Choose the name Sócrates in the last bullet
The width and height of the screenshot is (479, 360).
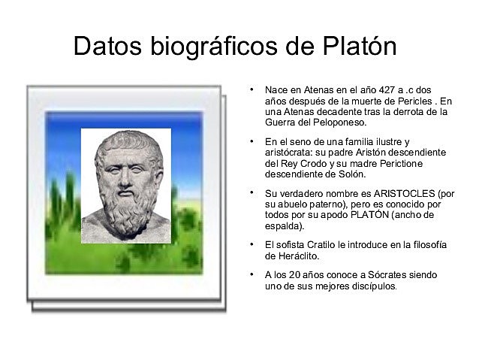click(x=360, y=275)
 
